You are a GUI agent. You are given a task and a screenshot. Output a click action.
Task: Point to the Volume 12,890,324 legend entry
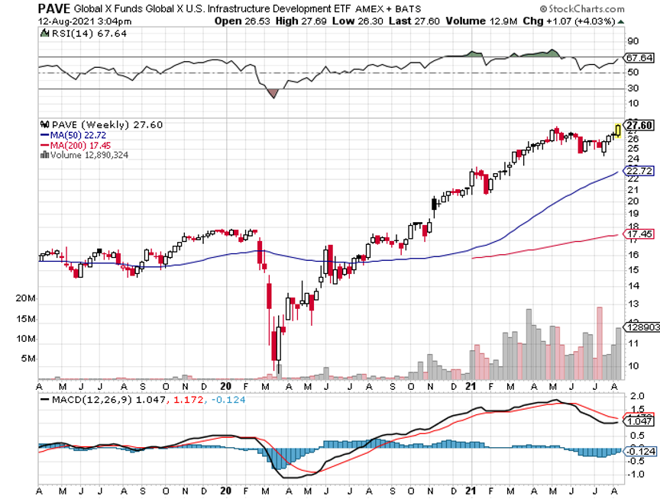pos(89,155)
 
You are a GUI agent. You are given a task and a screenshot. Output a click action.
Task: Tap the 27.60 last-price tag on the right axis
pos(640,125)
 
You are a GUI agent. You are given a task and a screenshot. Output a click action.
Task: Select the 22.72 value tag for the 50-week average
pos(639,171)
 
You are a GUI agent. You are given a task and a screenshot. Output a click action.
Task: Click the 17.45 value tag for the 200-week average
pos(639,233)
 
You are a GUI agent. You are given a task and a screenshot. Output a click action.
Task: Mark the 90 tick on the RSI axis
pos(632,41)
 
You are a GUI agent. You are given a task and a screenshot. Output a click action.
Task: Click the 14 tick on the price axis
pos(632,286)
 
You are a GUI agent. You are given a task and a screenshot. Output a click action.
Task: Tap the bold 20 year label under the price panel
pos(226,386)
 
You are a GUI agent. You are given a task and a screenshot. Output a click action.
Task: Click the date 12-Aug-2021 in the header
pos(64,21)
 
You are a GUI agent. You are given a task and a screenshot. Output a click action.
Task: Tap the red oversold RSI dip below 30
pos(273,93)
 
